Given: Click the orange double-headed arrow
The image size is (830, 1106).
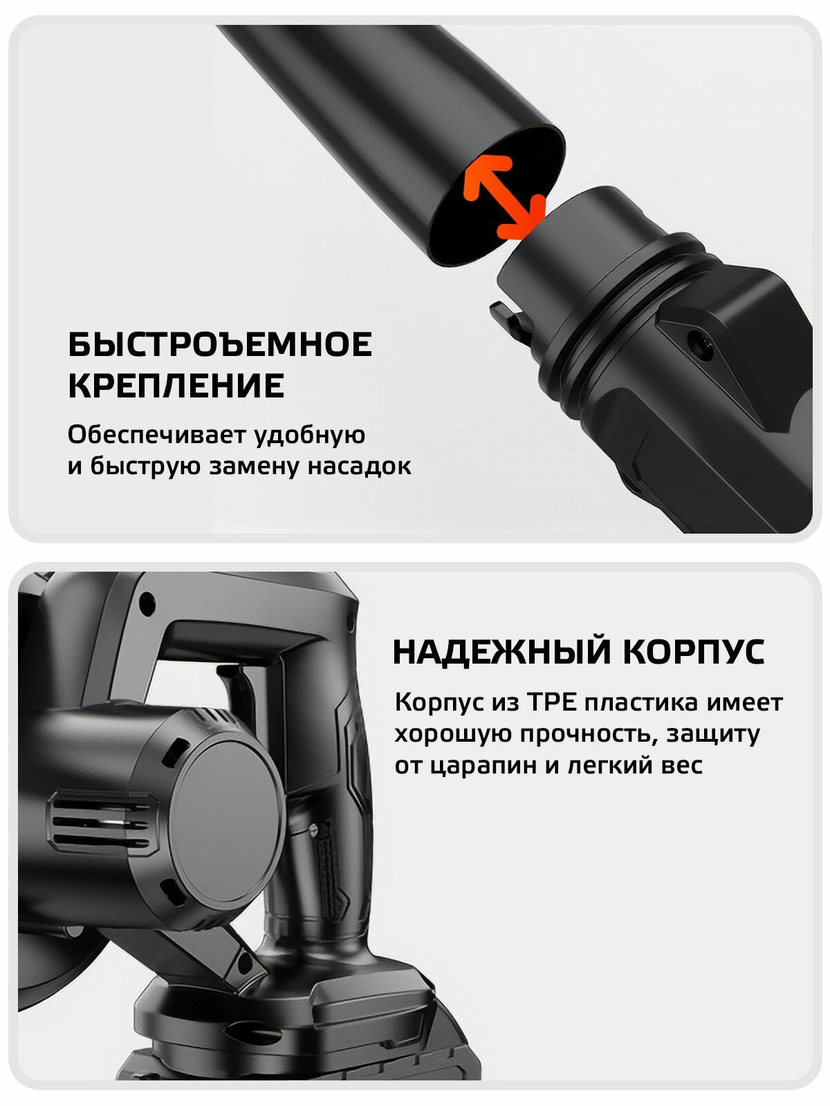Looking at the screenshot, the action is (504, 197).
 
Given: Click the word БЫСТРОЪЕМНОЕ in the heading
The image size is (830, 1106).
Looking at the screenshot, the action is (220, 345).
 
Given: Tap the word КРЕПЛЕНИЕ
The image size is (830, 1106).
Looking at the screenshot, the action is (176, 386).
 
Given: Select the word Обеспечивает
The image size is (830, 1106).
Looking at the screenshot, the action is (156, 434).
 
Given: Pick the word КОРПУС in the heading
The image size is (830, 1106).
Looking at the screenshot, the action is (694, 652).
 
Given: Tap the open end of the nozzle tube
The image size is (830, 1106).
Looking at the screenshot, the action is (497, 196).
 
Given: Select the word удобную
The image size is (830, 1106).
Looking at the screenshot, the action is (309, 435).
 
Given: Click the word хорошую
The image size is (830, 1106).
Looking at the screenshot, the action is (453, 734).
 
